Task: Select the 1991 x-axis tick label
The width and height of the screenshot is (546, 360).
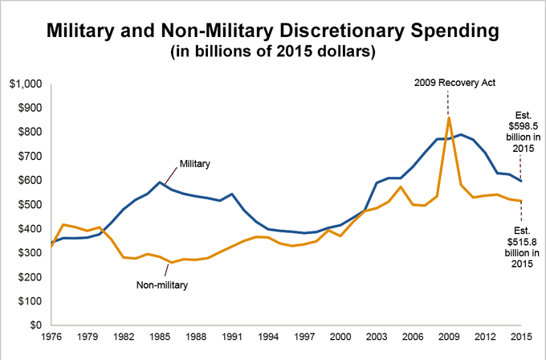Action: [233, 338]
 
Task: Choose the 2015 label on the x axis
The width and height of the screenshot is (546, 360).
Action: [521, 338]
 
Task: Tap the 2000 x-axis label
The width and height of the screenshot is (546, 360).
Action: [341, 338]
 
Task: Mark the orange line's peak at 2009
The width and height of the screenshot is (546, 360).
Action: [449, 118]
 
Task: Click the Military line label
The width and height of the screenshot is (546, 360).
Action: [195, 163]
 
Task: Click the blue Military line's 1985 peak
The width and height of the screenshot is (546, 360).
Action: [161, 182]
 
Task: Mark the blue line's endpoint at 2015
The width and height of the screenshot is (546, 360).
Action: [521, 181]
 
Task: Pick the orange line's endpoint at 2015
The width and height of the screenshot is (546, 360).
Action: [521, 201]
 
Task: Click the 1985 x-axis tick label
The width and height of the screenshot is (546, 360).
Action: [161, 338]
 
